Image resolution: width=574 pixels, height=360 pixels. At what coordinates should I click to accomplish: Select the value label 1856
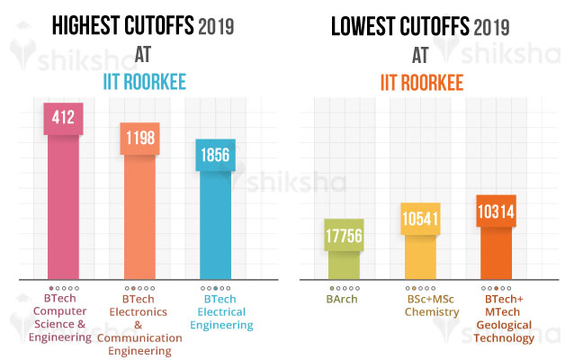[216, 155]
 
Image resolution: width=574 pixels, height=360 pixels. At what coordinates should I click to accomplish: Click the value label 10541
[420, 218]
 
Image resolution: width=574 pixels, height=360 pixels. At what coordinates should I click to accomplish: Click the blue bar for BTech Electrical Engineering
[216, 225]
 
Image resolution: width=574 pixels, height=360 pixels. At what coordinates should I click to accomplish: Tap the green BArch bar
[343, 265]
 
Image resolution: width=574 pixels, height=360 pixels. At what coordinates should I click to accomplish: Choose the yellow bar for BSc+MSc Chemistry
[420, 257]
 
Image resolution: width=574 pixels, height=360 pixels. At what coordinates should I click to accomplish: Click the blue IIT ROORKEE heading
[142, 83]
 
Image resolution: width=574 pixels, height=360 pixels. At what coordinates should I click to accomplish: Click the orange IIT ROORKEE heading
[419, 83]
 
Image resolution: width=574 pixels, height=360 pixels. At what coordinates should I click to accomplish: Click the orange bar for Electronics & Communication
[139, 216]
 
